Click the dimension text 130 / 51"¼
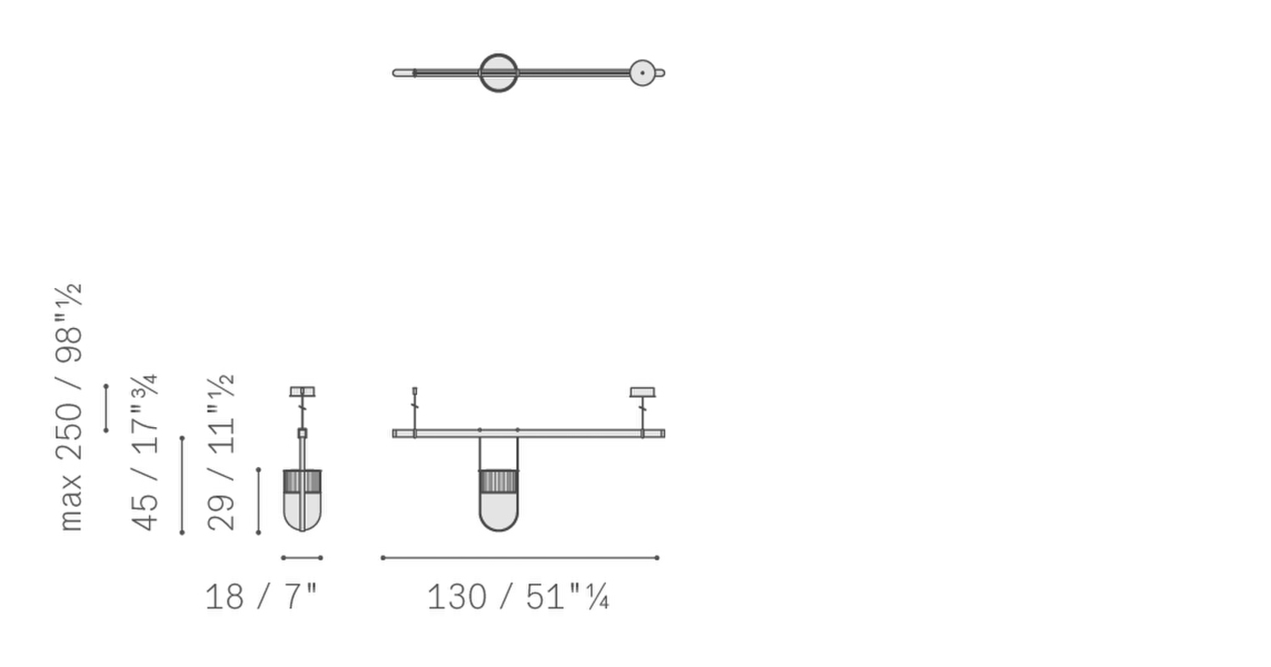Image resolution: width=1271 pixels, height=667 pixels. (517, 597)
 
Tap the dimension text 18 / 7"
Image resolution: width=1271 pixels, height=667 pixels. (261, 597)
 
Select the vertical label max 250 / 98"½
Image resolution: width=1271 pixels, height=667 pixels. (69, 407)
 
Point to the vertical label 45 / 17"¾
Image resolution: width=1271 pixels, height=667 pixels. (145, 453)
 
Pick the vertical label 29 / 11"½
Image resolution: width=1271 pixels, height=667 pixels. (221, 453)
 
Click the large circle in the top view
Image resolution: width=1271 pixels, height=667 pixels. (498, 73)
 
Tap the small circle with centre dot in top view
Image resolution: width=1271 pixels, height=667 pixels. (642, 73)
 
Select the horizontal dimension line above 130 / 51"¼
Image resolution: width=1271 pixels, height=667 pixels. (519, 558)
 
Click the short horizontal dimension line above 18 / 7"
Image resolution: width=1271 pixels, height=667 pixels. (302, 558)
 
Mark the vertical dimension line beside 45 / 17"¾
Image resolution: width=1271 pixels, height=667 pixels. (182, 485)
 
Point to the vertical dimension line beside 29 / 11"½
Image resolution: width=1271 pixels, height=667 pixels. (258, 500)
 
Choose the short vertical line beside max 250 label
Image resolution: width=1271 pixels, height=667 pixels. (106, 408)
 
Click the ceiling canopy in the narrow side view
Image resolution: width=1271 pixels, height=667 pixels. (302, 392)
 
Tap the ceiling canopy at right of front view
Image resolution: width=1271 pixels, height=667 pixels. (642, 392)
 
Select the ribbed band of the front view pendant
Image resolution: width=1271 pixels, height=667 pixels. (498, 481)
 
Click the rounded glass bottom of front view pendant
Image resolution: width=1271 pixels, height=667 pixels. (498, 513)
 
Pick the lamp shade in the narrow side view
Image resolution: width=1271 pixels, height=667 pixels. (302, 500)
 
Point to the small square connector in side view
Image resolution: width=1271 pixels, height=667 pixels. (302, 433)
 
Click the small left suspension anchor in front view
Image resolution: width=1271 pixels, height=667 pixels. (414, 392)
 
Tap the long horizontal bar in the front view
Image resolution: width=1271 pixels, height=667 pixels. (576, 433)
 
